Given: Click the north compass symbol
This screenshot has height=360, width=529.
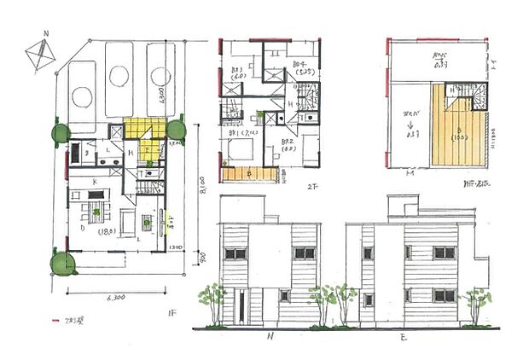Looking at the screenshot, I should (39, 54).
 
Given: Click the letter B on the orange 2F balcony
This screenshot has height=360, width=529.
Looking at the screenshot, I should (248, 173).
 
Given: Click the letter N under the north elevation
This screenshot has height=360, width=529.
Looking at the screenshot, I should (270, 336).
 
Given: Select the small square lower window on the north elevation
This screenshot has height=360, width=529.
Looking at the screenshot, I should (285, 295).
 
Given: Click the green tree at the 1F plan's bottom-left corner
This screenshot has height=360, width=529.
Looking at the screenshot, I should (61, 263).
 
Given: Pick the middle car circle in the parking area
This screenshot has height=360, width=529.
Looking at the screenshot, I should (119, 77).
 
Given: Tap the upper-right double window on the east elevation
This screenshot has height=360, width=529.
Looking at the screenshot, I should (444, 253).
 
